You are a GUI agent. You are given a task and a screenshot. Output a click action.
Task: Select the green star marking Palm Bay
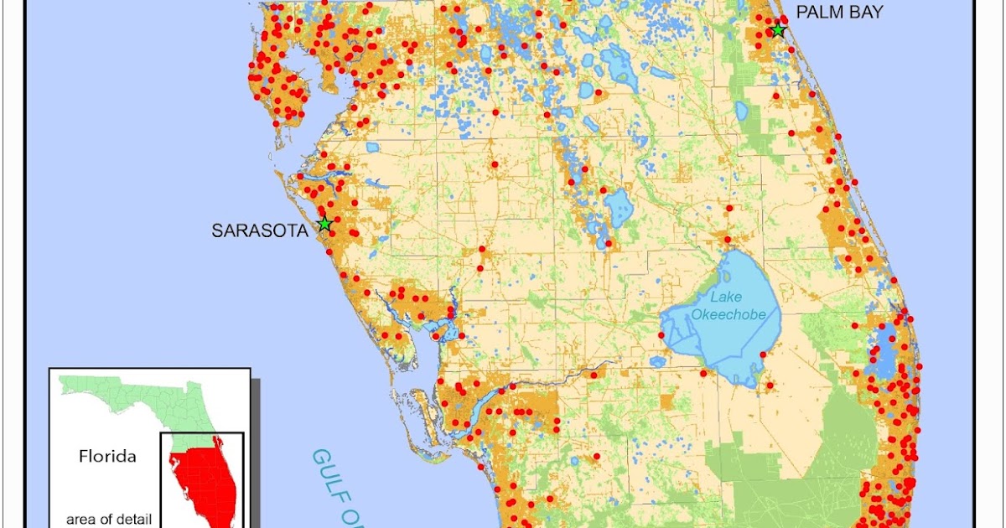(778, 30)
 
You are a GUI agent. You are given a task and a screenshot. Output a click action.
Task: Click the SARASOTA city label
(260, 230)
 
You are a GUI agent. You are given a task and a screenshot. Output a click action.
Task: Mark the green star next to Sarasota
(324, 225)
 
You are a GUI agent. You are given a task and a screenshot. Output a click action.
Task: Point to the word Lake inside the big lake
(727, 297)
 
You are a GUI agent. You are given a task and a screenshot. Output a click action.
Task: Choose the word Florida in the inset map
(107, 457)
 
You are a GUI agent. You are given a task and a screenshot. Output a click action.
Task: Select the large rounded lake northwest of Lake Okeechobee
(619, 203)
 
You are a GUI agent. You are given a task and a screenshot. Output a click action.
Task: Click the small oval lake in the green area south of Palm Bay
(741, 109)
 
